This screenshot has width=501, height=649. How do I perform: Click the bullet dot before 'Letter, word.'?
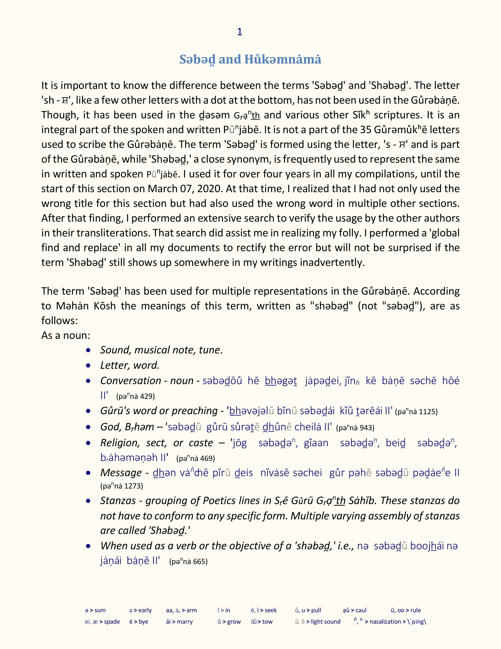point(88,366)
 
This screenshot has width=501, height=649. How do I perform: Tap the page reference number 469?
point(208,458)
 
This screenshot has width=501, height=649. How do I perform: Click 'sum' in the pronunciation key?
point(100,610)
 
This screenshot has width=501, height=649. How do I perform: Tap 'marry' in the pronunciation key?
point(185,622)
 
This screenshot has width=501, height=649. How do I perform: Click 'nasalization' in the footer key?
point(385,622)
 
